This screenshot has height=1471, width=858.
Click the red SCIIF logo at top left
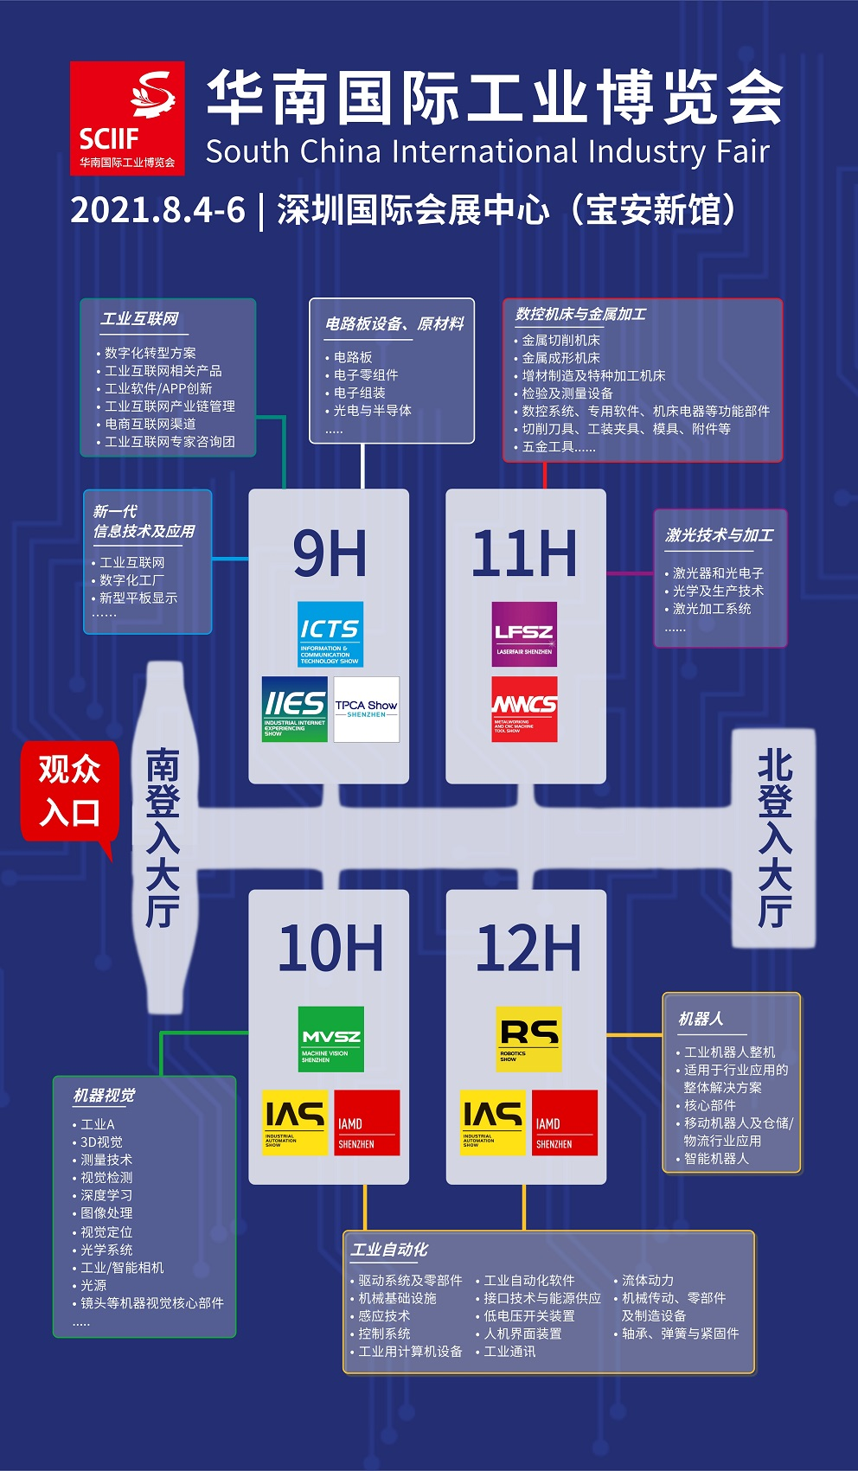pos(127,118)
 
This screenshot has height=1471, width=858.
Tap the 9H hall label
pos(330,553)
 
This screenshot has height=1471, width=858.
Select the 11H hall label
pos(525,553)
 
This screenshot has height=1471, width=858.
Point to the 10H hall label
pos(330,949)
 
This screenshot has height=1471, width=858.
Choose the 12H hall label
pos(528,949)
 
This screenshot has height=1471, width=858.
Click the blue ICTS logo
pos(330,634)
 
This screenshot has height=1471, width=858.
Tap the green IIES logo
pos(295,709)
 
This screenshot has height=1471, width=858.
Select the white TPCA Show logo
pos(367,709)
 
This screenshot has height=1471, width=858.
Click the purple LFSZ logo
pos(524,634)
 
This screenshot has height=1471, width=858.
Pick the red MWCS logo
pos(524,709)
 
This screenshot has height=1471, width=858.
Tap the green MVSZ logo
pos(330,1039)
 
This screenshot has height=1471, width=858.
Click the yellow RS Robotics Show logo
pos(528,1039)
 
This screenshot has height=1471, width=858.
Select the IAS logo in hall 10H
pos(295,1122)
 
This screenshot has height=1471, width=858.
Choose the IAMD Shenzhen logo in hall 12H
pos(565,1122)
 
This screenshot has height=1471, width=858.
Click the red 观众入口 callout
pos(70,791)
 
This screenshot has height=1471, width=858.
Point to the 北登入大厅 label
pos(774,838)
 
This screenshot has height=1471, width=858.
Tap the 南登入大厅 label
pos(162,838)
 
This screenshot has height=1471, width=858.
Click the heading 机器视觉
pos(104,1096)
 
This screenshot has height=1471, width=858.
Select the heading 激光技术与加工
pos(719,535)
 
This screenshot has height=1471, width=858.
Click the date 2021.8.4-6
pos(157,210)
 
